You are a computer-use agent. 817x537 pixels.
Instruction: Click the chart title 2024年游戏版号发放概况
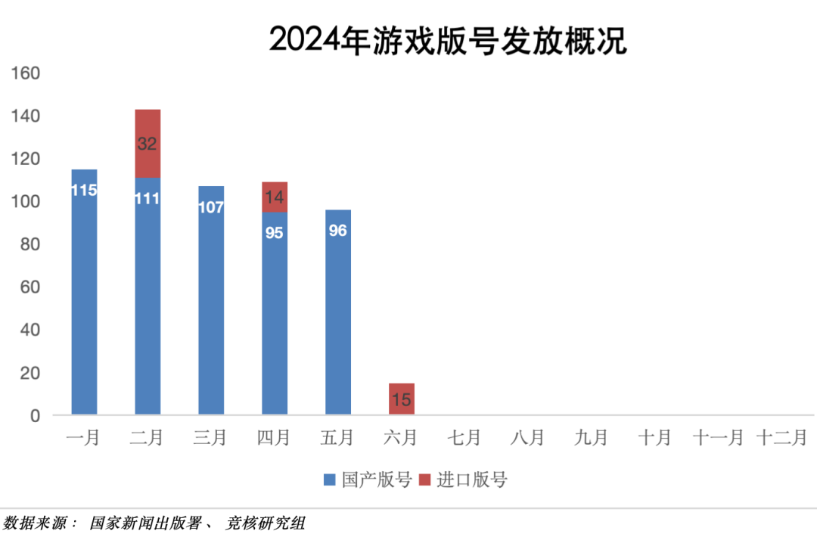click(x=448, y=40)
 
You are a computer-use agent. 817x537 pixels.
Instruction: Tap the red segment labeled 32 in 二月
click(x=148, y=144)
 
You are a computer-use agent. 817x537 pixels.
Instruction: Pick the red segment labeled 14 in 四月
click(x=275, y=197)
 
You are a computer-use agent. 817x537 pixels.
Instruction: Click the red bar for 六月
click(x=402, y=399)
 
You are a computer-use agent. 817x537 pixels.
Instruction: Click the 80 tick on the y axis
click(x=30, y=244)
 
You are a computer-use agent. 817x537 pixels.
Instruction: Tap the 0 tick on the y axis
click(x=34, y=415)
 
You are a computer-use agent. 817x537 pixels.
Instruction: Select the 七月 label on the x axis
click(x=464, y=438)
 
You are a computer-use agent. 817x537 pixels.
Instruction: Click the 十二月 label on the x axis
click(x=781, y=438)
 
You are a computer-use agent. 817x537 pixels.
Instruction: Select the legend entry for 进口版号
click(x=463, y=480)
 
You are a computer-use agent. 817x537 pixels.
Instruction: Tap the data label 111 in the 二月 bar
click(x=148, y=199)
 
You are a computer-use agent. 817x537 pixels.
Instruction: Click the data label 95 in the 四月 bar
click(x=275, y=233)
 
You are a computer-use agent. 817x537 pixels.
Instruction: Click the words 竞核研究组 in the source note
click(x=266, y=523)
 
